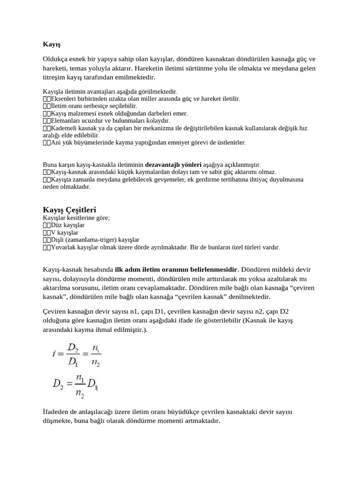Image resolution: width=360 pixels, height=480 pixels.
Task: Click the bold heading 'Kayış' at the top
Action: coord(52,45)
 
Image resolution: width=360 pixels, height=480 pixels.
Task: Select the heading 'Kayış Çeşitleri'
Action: coord(69,210)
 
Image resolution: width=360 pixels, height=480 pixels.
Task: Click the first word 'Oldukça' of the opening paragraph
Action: coord(55,59)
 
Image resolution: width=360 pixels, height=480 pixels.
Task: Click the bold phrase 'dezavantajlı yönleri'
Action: coord(173,165)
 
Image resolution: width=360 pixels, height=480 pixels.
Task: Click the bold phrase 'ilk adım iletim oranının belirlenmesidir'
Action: coord(177,270)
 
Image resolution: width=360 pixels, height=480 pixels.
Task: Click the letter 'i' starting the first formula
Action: coord(54,354)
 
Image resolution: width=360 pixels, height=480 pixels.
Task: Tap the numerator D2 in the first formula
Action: coord(72,348)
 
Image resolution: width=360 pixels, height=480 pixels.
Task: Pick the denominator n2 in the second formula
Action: coord(80,396)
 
